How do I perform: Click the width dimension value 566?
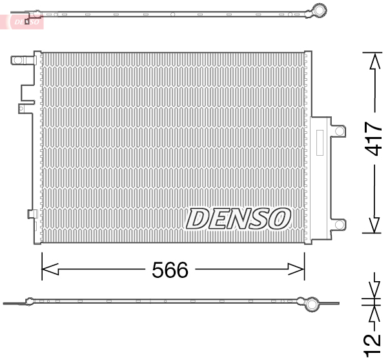point(170,270)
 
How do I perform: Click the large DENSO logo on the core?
point(238,219)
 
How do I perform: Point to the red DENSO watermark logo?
point(26,21)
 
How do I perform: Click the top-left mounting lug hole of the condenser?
point(18,61)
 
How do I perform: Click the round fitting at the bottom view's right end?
point(311,303)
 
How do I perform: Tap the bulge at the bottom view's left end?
point(30,301)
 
